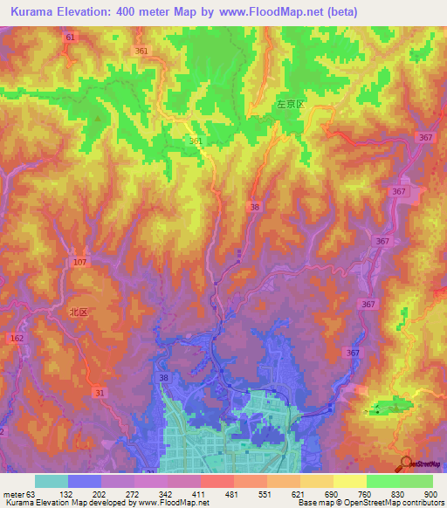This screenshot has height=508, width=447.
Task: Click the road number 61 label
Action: tap(71, 38)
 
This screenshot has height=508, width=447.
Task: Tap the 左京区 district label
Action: tap(290, 104)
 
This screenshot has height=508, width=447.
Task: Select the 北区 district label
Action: tap(80, 311)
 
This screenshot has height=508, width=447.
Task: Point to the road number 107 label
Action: tap(81, 263)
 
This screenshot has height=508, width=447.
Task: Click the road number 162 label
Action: tap(16, 336)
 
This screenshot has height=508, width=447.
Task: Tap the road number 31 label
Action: tap(100, 393)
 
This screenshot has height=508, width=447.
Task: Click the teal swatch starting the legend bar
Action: tap(52, 481)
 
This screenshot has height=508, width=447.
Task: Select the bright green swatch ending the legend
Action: tap(416, 481)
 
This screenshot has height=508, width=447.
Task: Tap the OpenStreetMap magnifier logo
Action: tap(405, 463)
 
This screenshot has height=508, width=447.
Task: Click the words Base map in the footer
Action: tap(313, 504)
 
